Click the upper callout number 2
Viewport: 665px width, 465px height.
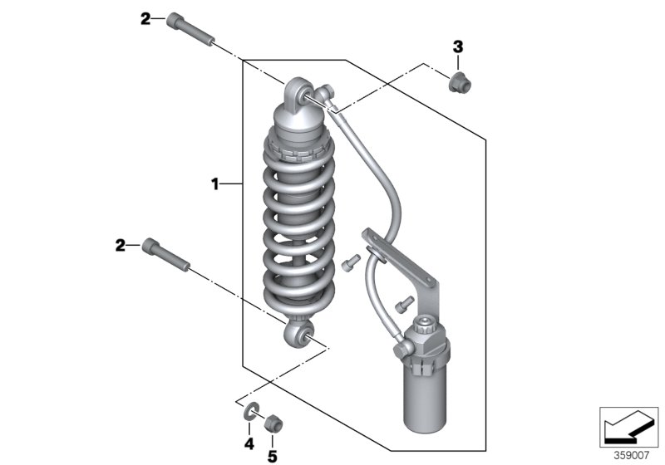click(146, 19)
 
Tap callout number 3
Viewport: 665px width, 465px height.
click(457, 46)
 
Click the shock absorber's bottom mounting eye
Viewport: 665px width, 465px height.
click(298, 336)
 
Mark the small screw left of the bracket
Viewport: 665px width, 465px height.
click(350, 262)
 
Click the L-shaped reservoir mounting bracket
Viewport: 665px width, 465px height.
click(426, 274)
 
